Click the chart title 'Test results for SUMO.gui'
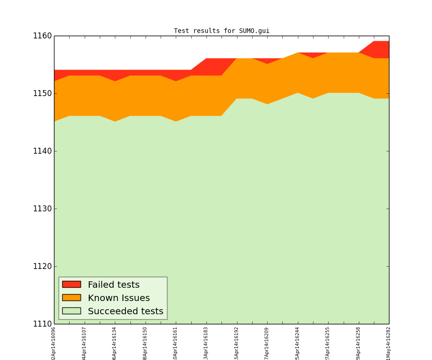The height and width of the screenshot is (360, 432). coord(221,31)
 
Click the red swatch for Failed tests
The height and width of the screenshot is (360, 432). coord(71,284)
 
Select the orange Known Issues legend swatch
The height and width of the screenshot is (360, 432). coord(71,297)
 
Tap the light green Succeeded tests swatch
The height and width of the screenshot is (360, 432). coord(71,311)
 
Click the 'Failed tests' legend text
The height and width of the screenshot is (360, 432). coord(113,285)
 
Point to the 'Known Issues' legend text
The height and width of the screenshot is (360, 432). coord(119,298)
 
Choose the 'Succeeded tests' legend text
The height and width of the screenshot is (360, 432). coord(125,312)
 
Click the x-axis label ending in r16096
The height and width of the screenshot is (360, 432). coord(54,343)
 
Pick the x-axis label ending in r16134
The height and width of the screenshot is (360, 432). coord(115,343)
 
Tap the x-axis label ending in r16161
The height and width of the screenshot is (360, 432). coord(176,343)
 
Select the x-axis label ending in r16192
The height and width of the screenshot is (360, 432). coord(237,343)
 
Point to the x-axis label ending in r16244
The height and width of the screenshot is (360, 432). coord(297,343)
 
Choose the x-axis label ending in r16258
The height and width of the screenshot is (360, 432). coord(358,343)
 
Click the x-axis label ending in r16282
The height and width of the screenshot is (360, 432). coord(389,343)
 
